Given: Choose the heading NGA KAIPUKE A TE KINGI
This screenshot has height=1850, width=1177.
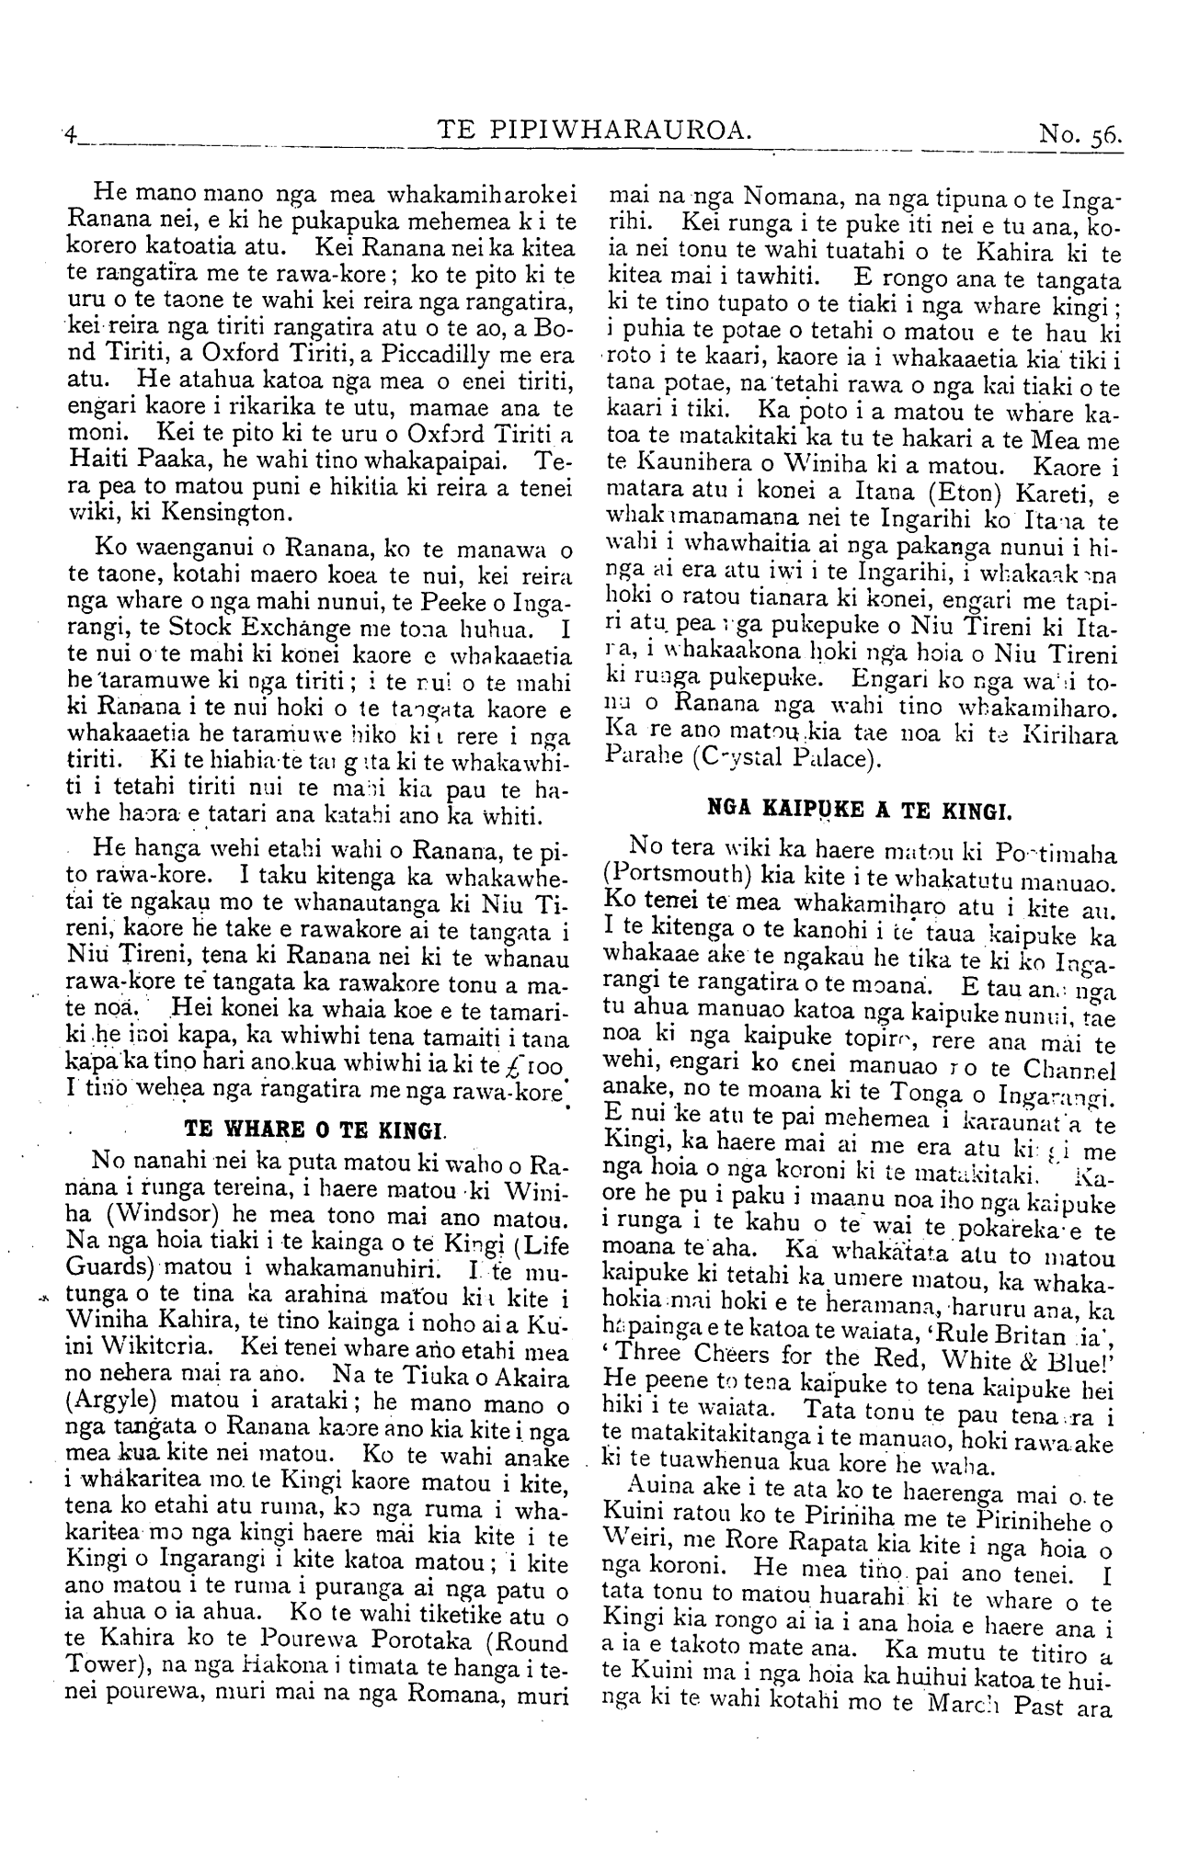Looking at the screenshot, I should [x=860, y=812].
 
